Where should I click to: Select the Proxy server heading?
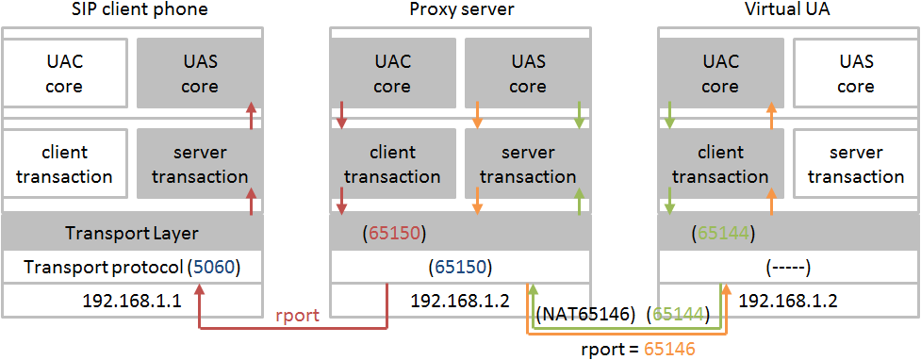(461, 10)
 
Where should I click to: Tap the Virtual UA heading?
(788, 10)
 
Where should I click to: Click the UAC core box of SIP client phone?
(65, 74)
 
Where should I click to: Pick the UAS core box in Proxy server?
(528, 74)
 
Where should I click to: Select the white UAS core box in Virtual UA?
(855, 74)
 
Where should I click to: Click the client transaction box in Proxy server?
(392, 164)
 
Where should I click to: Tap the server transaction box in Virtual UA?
(855, 164)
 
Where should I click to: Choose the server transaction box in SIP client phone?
(199, 164)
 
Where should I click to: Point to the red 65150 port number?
(391, 233)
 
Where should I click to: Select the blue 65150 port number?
(461, 268)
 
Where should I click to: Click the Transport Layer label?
(131, 233)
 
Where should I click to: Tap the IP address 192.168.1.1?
(133, 302)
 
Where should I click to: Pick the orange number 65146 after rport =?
(669, 349)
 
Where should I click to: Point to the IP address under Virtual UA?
(787, 302)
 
